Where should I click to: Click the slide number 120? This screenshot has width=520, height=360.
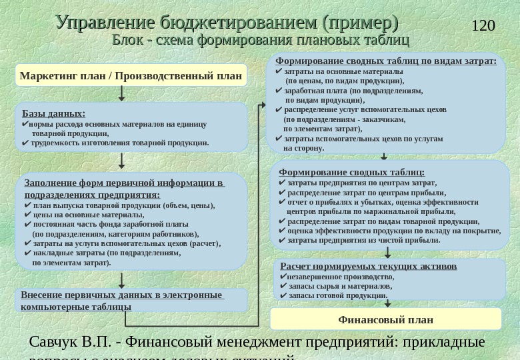click(x=483, y=26)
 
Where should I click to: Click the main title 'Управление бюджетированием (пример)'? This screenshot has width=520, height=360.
click(x=227, y=23)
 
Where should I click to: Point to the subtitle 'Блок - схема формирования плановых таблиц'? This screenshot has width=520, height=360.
click(x=261, y=40)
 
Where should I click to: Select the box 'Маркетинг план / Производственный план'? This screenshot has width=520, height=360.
click(x=131, y=75)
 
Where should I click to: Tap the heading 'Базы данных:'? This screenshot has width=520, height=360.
click(x=53, y=113)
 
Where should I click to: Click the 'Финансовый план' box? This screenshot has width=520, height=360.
click(x=386, y=320)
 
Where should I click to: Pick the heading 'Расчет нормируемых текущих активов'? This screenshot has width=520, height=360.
click(x=369, y=266)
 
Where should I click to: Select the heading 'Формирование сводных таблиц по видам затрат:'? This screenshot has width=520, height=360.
click(x=386, y=61)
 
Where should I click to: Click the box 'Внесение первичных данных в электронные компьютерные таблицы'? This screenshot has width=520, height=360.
click(x=122, y=301)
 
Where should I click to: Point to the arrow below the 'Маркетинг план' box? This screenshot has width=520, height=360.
click(x=121, y=94)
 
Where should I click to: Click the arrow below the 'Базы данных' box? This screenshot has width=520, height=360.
click(x=121, y=161)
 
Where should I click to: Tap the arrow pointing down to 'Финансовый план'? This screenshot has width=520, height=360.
click(x=387, y=303)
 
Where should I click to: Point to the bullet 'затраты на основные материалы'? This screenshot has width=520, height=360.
click(x=343, y=71)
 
